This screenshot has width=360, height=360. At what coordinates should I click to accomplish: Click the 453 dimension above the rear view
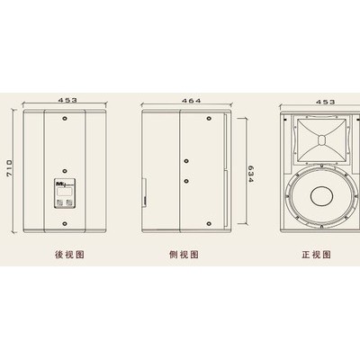pos(67,100)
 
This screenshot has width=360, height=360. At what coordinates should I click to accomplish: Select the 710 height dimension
pos(10,170)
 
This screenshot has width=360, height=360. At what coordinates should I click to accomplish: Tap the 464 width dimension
pos(192,101)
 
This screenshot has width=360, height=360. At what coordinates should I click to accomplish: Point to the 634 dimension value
pos(251,174)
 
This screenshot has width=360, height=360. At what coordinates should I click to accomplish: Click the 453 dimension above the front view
pos(325,102)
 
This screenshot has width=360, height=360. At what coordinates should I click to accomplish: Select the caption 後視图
pos(69,255)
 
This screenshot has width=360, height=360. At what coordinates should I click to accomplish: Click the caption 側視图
pos(184,255)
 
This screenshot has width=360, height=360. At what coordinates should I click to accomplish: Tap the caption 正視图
pos(316,255)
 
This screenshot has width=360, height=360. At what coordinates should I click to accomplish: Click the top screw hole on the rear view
pos(65,118)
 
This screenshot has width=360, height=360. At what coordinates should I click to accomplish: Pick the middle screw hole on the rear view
pos(65,171)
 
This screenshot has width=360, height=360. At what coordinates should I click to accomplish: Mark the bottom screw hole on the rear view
pos(65,224)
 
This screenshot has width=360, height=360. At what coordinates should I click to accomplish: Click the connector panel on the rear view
pos(65,193)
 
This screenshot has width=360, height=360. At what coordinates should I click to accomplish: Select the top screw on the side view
pos(209,117)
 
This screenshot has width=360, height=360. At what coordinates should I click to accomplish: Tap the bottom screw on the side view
pos(209,223)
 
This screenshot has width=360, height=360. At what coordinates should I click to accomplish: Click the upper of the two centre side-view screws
pos(186,161)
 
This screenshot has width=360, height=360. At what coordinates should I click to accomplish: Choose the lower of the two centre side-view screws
pos(186,181)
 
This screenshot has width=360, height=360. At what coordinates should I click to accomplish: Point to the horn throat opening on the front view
pos(321,140)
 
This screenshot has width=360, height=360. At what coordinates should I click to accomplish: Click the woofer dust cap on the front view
pos(322,196)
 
